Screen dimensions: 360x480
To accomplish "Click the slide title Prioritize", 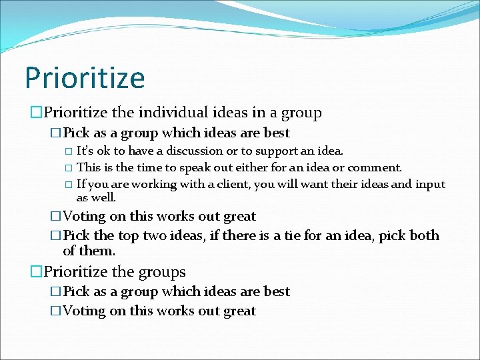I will [x=85, y=77].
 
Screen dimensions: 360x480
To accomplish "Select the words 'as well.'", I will [x=96, y=197].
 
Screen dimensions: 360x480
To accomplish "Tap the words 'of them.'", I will [x=89, y=251].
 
